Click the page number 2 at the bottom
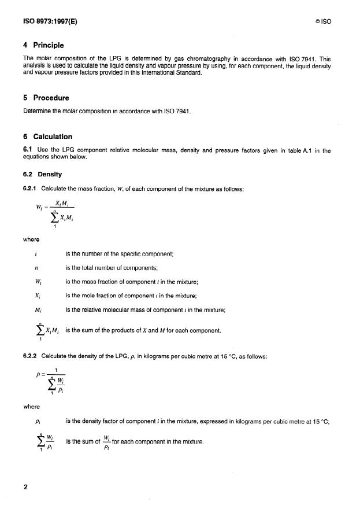click(x=25, y=486)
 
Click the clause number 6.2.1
click(x=29, y=188)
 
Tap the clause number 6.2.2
click(x=29, y=355)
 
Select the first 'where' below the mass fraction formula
click(x=31, y=237)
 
